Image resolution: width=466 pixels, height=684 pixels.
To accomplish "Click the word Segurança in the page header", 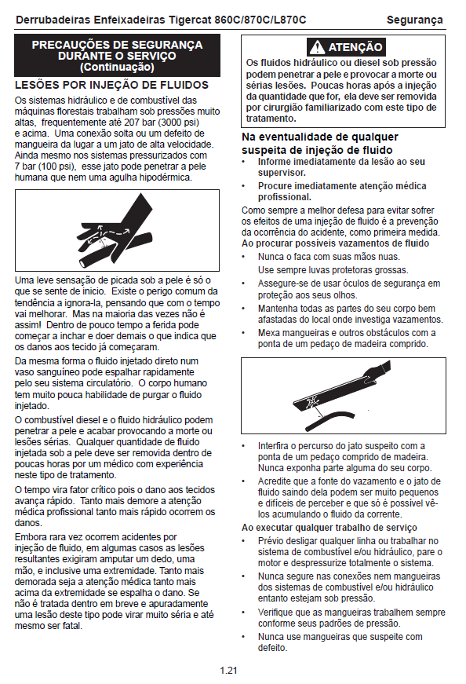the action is (414, 20).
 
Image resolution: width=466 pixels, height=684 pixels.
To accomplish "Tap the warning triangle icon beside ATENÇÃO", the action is (317, 47).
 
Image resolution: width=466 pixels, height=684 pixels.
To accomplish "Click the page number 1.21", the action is (228, 671).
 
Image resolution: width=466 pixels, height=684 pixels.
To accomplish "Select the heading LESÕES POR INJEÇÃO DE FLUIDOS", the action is (111, 85).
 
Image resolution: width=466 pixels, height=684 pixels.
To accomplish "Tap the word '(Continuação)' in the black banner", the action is (117, 68).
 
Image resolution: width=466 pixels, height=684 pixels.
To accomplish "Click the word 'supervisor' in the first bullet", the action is (281, 173).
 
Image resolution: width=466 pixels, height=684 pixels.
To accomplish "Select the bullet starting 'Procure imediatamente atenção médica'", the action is (342, 192).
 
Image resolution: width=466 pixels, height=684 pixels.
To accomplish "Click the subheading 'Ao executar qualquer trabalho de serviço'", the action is (329, 528).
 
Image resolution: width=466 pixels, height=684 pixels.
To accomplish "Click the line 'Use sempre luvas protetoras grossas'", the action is (333, 270).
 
